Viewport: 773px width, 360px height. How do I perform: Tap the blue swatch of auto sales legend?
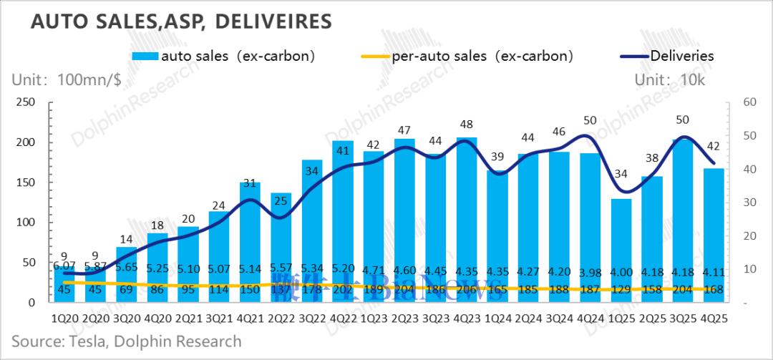click(146, 56)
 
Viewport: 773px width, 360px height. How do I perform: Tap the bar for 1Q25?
click(621, 250)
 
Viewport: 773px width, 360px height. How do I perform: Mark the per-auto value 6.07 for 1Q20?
click(64, 265)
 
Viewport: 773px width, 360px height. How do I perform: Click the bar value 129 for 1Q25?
click(621, 290)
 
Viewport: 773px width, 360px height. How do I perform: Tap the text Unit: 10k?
click(670, 80)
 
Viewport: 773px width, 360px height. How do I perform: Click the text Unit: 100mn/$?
click(65, 80)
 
